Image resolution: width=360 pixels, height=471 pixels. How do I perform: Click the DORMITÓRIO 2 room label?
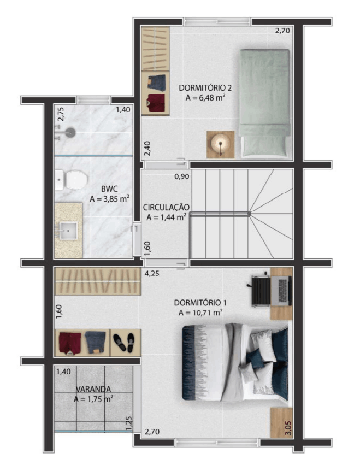point(205,88)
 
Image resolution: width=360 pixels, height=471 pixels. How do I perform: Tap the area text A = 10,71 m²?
point(200,313)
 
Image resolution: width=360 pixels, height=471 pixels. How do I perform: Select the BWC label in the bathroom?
point(109,189)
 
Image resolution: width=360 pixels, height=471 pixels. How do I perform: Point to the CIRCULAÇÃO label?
point(166,207)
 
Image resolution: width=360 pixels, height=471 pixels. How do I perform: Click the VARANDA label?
point(93,389)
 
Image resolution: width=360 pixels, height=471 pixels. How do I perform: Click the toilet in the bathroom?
point(72,180)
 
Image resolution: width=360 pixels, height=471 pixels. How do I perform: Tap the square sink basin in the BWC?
point(68,231)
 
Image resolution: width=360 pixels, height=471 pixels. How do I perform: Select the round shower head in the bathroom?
point(70,132)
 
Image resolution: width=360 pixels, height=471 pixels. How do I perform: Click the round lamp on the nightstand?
point(220,144)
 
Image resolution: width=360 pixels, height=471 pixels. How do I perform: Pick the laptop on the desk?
point(281,291)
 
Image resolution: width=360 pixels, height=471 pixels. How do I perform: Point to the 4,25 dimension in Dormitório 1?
point(152,274)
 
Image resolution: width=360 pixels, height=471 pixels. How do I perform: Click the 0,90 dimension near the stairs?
point(182,176)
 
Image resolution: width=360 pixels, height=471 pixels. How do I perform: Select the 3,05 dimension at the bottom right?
point(288,428)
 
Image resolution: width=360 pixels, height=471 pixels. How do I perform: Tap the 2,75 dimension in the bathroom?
point(61,114)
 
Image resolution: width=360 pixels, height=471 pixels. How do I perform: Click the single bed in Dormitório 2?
point(264,103)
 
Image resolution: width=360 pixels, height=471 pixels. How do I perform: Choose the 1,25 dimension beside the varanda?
point(129,423)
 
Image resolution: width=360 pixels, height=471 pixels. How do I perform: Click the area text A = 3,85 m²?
point(110,199)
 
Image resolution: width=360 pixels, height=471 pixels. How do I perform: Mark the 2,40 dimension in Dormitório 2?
point(147,149)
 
